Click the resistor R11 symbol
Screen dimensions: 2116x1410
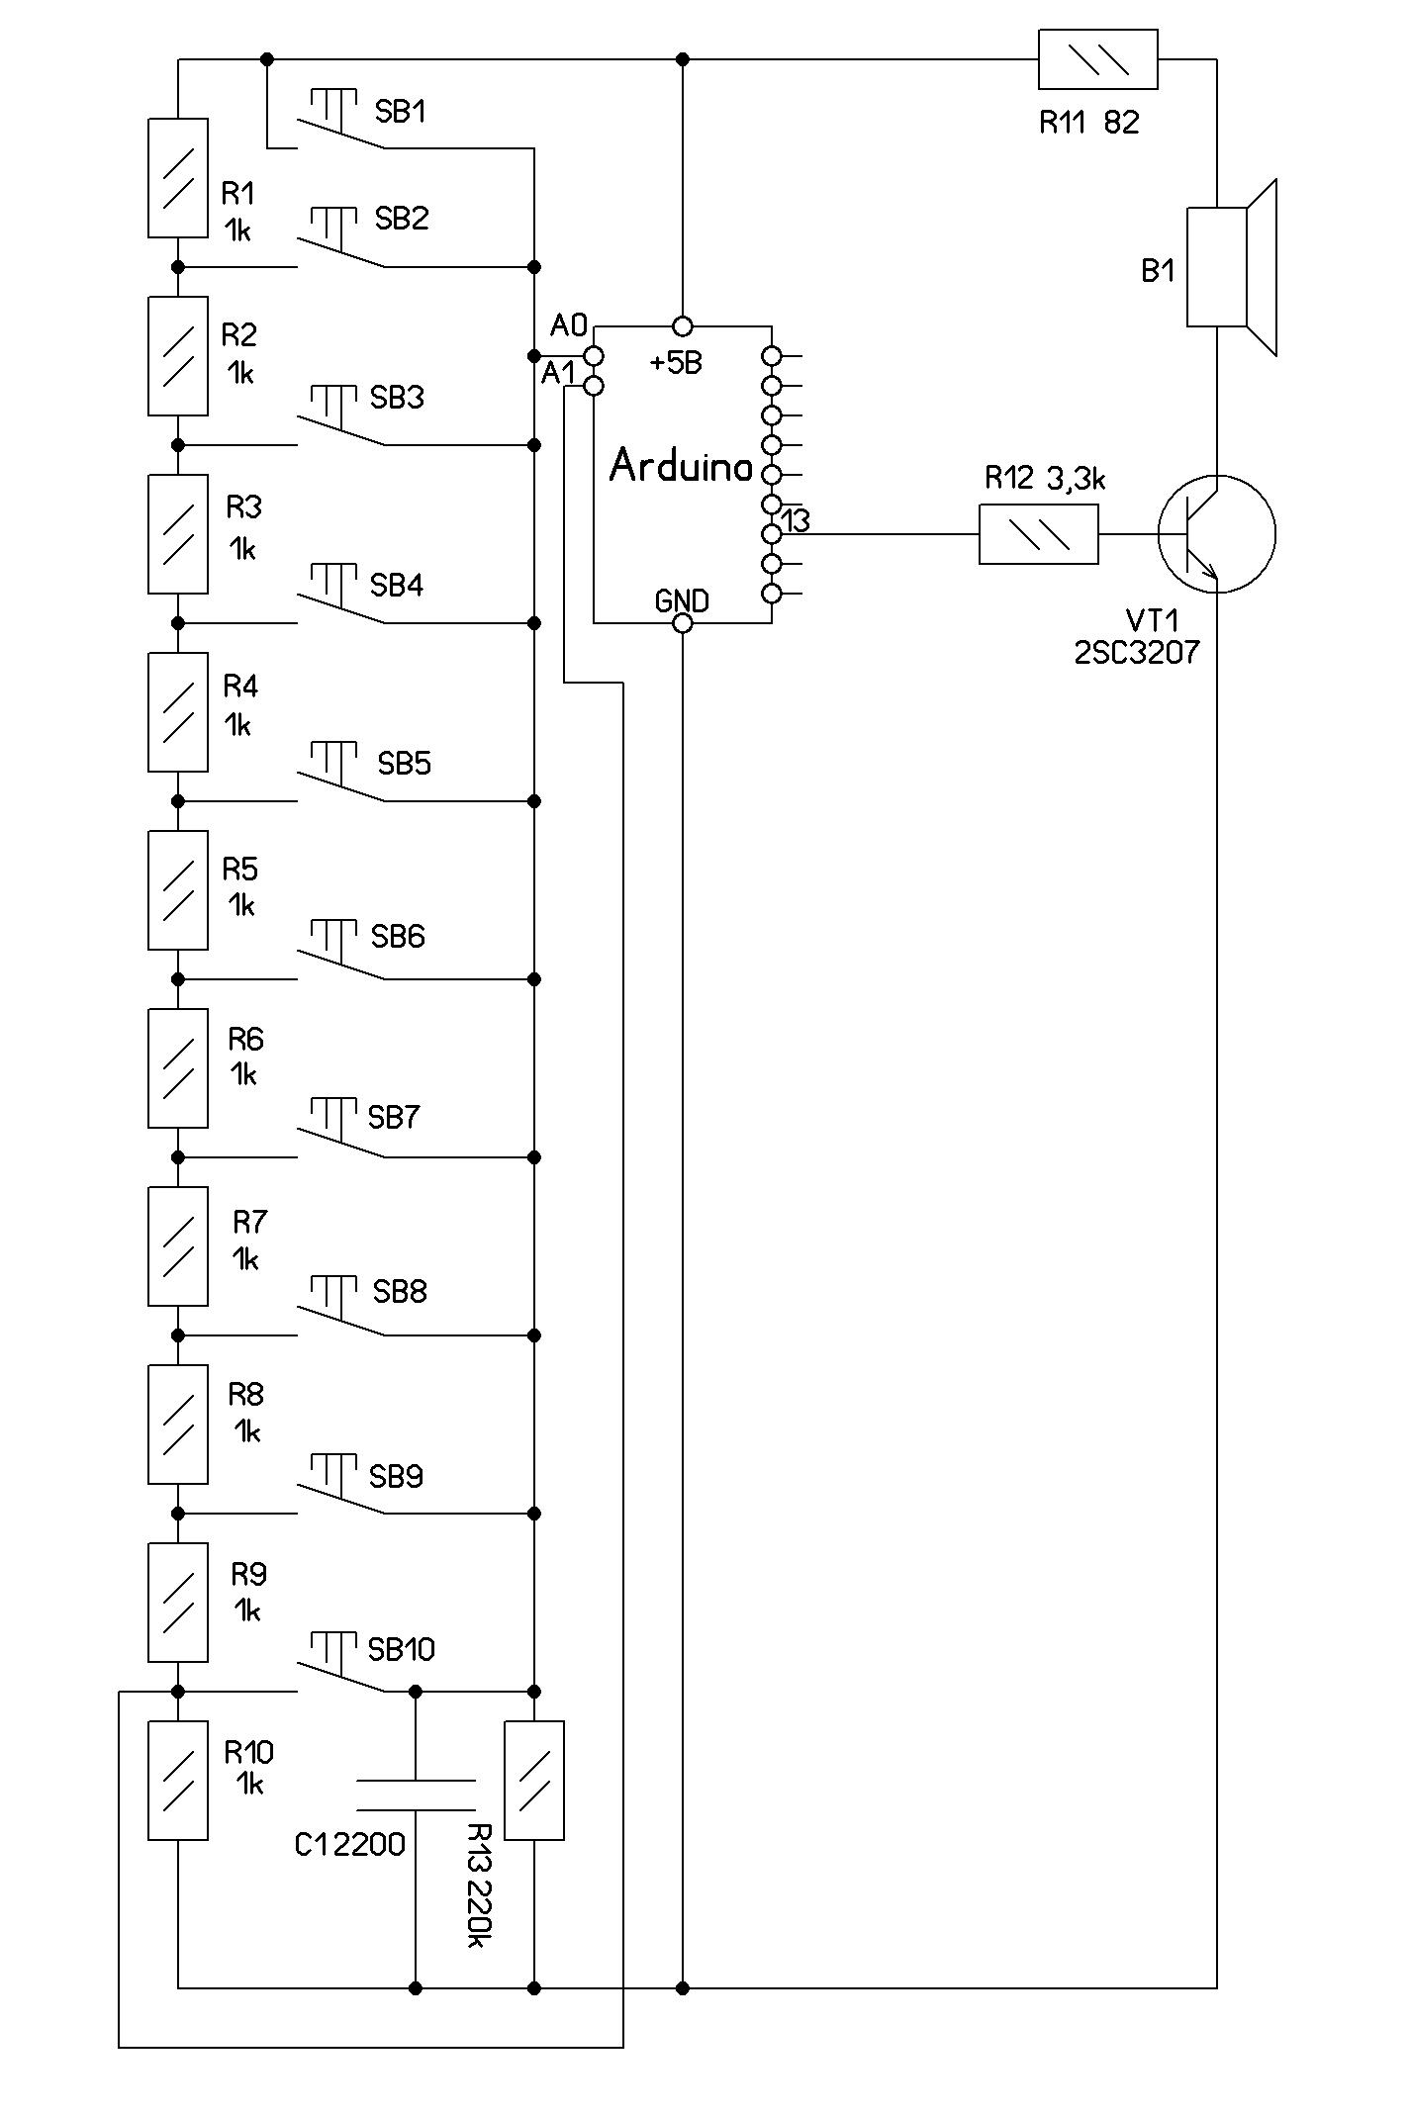click(1097, 59)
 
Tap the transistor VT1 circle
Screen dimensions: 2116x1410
click(1216, 534)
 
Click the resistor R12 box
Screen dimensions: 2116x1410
click(1038, 534)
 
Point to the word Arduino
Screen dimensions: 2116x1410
click(681, 466)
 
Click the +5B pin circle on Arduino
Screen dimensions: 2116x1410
click(682, 325)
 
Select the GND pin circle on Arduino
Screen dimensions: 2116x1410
click(682, 623)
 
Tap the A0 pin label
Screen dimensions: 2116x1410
click(569, 324)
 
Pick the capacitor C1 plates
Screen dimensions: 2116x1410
click(416, 1796)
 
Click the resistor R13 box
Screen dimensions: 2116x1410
click(534, 1781)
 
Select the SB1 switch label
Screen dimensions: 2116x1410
click(400, 112)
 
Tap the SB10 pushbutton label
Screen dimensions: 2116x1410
click(401, 1649)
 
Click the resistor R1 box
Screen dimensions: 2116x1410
click(178, 178)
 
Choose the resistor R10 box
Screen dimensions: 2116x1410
click(178, 1781)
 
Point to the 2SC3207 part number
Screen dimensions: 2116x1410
click(1137, 653)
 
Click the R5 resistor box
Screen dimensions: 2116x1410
click(178, 890)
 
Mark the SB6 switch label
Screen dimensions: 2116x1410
click(398, 937)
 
